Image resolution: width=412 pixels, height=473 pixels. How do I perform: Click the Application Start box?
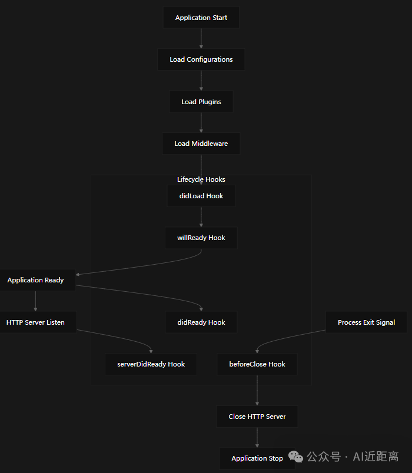pos(201,18)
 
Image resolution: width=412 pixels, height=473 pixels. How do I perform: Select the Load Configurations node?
pos(201,59)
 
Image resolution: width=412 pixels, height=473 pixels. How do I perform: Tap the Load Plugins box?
pos(201,102)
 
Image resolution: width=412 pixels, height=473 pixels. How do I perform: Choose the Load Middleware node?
pos(201,144)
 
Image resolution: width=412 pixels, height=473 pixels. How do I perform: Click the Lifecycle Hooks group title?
pos(201,179)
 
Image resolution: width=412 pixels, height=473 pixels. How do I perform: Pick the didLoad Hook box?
pos(201,196)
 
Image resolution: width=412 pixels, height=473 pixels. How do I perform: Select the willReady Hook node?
pos(201,238)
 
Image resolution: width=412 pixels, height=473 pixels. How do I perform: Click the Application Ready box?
pos(36,280)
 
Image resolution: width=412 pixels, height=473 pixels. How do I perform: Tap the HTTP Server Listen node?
pos(36,322)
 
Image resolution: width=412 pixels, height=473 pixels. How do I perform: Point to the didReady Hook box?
pos(201,322)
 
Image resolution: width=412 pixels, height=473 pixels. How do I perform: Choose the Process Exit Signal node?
pos(366,322)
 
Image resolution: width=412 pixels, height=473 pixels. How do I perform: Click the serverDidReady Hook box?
pos(151,364)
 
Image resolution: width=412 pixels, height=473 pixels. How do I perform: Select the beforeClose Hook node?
pos(257,364)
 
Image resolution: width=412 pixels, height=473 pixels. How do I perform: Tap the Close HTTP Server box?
pos(257,417)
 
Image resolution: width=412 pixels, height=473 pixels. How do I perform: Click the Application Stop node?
pos(257,458)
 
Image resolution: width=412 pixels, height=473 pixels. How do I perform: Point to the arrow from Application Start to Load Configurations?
pos(201,38)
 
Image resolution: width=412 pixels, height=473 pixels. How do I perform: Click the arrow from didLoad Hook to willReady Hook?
pos(201,216)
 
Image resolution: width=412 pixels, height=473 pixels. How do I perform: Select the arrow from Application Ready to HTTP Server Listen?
pos(36,301)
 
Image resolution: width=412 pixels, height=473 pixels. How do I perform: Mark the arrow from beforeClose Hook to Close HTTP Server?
pos(257,390)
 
